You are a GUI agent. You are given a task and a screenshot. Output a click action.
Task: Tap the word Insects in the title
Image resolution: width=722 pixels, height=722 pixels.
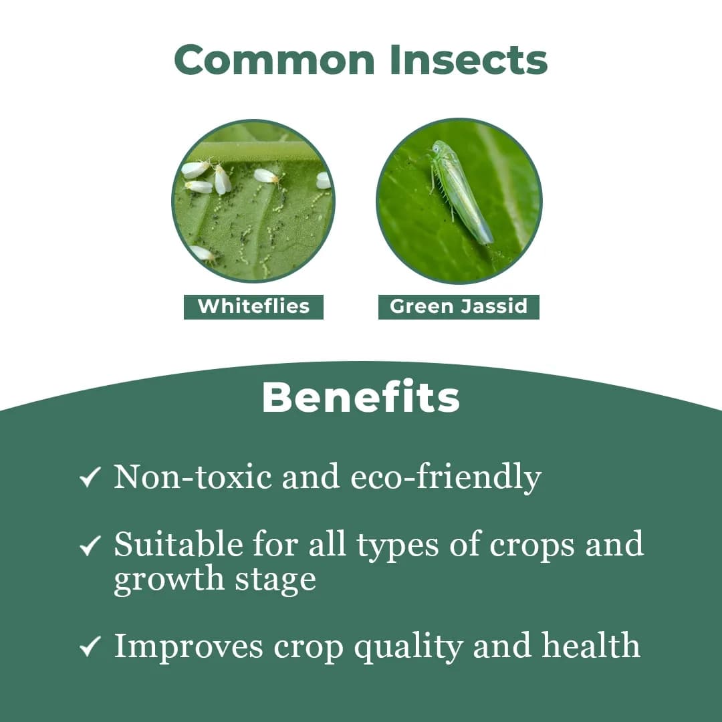point(468,59)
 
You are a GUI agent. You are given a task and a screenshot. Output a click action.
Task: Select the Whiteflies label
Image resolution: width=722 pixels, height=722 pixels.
point(253,307)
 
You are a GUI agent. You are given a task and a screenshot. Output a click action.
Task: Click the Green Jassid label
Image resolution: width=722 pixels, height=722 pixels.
point(459,307)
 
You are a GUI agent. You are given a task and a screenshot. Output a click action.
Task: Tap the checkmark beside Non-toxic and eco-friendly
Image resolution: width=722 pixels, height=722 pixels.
point(90,477)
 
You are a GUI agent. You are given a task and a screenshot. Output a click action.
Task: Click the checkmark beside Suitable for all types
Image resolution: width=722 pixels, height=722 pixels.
point(90,546)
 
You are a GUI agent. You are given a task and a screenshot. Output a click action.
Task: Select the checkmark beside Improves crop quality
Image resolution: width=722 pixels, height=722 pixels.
point(90,646)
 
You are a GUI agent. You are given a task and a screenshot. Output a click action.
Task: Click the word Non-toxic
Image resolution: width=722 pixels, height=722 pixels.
point(193,477)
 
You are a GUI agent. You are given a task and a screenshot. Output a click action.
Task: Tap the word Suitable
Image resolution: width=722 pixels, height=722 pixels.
point(177,545)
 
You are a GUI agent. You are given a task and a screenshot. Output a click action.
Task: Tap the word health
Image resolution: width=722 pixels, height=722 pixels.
point(591,646)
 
